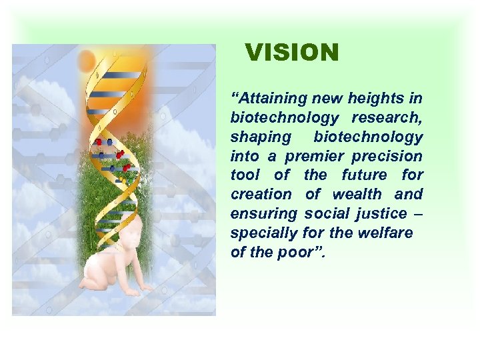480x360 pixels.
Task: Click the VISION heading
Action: click(x=291, y=53)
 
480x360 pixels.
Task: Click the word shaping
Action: click(x=261, y=137)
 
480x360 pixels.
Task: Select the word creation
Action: click(x=261, y=195)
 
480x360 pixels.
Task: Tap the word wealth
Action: click(x=357, y=195)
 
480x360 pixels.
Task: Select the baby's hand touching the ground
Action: click(x=134, y=292)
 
